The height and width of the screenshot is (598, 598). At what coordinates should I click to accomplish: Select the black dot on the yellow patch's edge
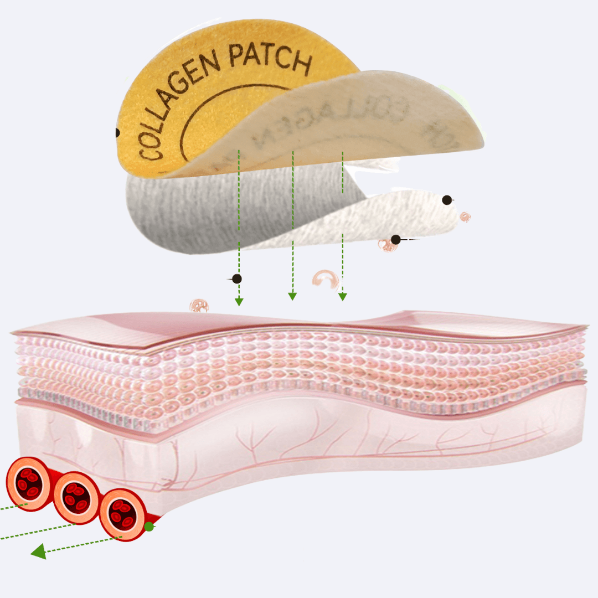[117, 133]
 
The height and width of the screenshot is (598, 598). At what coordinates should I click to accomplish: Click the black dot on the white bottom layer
[446, 200]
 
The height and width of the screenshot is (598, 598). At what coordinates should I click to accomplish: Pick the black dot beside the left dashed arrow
[237, 279]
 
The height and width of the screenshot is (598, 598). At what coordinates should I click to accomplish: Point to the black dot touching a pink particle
[395, 240]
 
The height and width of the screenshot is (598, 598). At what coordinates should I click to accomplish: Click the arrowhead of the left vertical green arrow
[239, 301]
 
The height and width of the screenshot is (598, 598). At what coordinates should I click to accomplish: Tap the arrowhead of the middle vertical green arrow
[292, 296]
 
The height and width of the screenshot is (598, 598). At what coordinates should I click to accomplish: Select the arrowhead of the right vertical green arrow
[343, 296]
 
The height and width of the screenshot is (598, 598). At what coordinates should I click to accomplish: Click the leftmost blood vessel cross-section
[28, 483]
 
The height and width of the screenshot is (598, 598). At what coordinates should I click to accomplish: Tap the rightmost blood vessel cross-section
[123, 514]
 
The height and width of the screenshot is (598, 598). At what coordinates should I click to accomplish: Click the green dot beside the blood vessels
[149, 527]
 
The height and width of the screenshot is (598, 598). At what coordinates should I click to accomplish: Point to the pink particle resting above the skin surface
[199, 305]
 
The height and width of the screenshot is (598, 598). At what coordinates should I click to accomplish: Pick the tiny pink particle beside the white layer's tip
[466, 217]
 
